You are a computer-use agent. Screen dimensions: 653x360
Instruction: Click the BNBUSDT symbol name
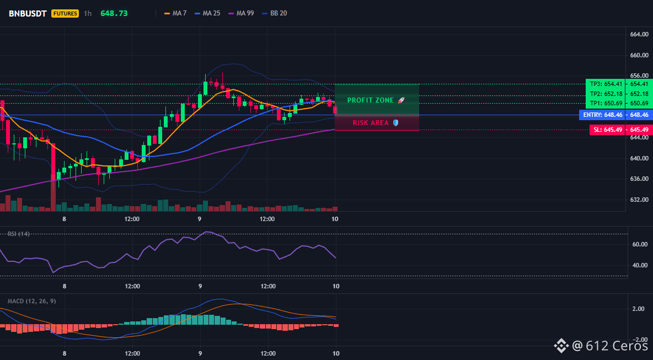[28, 13]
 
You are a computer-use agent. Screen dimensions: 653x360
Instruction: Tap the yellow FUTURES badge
[65, 13]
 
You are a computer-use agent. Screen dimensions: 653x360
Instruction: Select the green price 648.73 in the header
[114, 13]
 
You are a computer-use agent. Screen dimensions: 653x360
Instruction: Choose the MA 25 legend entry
[207, 13]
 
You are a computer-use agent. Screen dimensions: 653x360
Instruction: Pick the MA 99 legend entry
[241, 13]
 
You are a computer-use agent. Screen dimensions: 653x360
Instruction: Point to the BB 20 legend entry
[275, 13]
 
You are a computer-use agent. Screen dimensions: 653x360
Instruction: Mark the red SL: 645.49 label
[608, 130]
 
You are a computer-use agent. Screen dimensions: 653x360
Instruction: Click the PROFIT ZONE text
[371, 100]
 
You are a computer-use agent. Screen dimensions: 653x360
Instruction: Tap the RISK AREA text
[371, 123]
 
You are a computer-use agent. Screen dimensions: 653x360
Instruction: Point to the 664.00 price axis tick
[639, 35]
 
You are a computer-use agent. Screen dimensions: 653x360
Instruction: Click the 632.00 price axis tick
[639, 200]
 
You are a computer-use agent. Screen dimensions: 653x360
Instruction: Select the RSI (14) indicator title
[19, 234]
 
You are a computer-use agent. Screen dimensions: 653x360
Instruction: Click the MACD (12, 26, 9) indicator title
[31, 301]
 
